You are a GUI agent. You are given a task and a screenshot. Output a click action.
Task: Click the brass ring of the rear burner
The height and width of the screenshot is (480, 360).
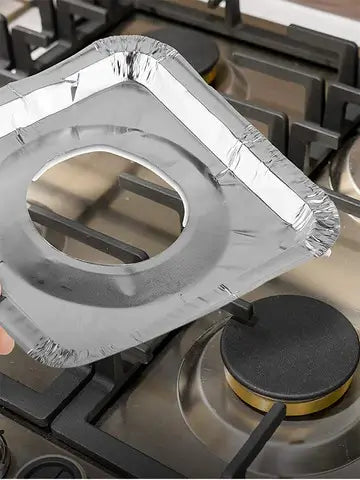coord(211,73)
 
